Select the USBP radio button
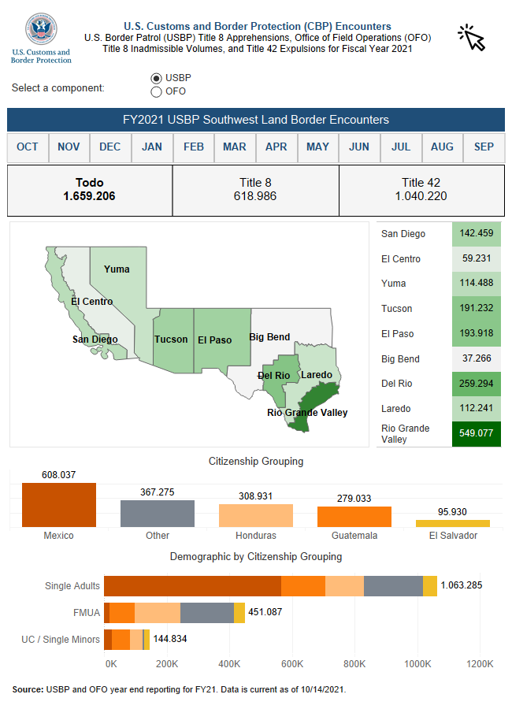click(156, 78)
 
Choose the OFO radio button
click(156, 91)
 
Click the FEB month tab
click(194, 147)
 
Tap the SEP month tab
click(484, 147)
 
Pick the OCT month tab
click(28, 147)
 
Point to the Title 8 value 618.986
click(255, 196)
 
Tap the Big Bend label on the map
click(269, 337)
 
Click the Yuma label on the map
click(117, 269)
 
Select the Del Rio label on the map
click(274, 375)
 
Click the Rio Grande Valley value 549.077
click(477, 433)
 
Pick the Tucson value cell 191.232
click(477, 309)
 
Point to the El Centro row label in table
click(401, 259)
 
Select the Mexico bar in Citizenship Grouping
click(59, 505)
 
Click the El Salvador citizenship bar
click(453, 523)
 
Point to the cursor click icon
click(472, 37)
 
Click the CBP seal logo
click(41, 30)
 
